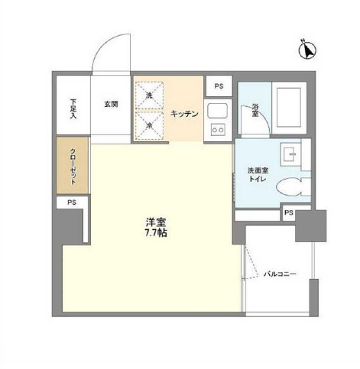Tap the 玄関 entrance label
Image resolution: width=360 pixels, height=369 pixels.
[x=110, y=105]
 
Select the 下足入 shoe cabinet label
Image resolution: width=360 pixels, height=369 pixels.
[x=73, y=105]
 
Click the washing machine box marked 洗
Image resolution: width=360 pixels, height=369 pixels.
[x=151, y=95]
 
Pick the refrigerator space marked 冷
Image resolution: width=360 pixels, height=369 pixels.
[x=151, y=125]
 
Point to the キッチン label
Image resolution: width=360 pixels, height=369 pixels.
[x=184, y=114]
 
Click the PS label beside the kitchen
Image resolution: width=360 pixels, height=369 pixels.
[x=219, y=86]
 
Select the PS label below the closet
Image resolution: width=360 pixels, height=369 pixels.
[x=71, y=202]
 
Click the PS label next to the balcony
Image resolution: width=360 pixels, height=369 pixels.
[x=289, y=213]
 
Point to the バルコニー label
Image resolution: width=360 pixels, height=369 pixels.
[x=279, y=274]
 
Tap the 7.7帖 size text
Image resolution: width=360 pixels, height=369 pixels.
[x=156, y=233]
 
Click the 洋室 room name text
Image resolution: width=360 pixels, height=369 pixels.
[x=156, y=222]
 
